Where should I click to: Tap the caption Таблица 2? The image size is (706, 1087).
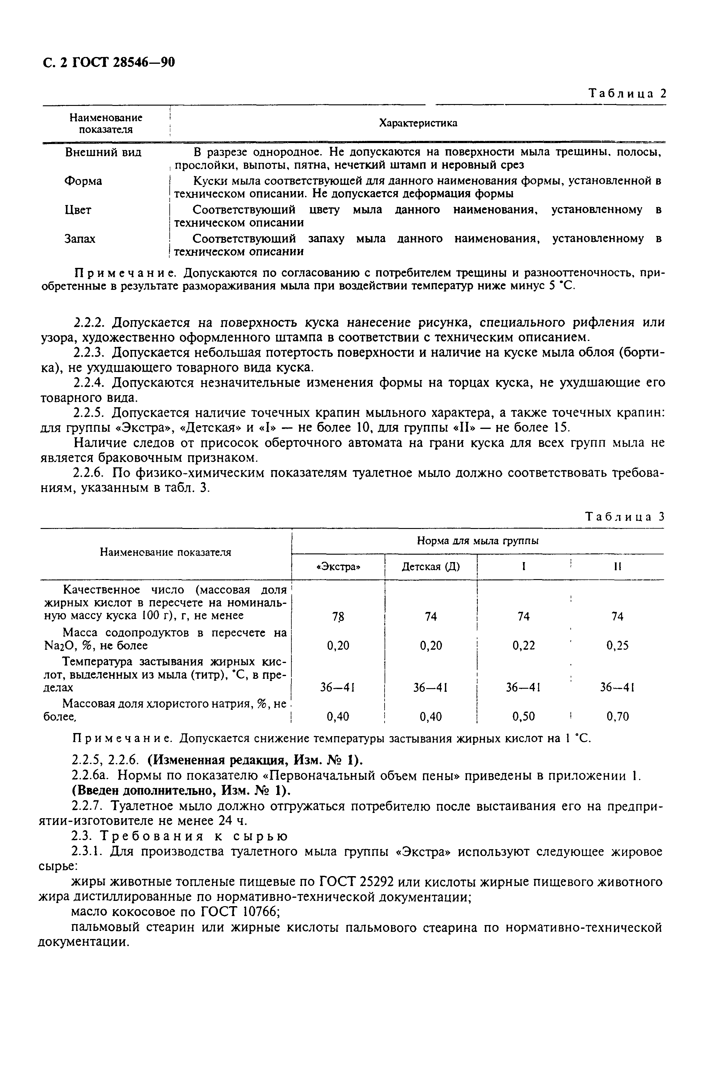(627, 94)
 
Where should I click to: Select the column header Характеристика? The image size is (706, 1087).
(418, 123)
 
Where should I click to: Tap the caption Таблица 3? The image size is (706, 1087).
(624, 517)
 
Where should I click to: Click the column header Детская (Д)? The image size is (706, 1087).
(431, 567)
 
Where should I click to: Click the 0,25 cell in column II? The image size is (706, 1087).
(617, 646)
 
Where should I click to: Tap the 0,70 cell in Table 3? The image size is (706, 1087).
(617, 717)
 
